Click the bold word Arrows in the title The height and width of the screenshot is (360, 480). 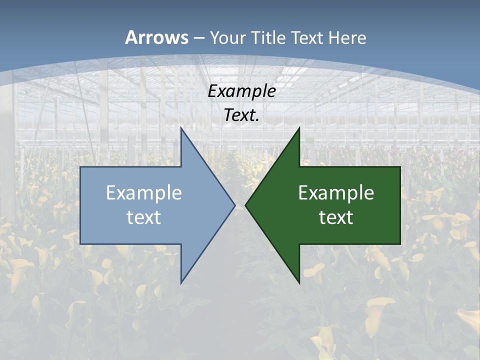pyautogui.click(x=156, y=37)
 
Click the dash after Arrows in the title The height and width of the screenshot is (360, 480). pyautogui.click(x=198, y=38)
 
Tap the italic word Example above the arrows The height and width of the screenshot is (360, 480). pyautogui.click(x=242, y=91)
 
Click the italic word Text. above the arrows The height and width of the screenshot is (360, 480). pyautogui.click(x=242, y=115)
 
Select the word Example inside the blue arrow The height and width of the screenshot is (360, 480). pyautogui.click(x=144, y=193)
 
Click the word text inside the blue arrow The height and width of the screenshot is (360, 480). pyautogui.click(x=144, y=217)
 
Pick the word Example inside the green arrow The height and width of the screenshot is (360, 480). pyautogui.click(x=336, y=193)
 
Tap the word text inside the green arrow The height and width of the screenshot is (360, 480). pyautogui.click(x=336, y=217)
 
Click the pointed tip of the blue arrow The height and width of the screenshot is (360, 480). pyautogui.click(x=234, y=205)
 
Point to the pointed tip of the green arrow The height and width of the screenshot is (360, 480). pyautogui.click(x=245, y=205)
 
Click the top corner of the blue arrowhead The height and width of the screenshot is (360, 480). pyautogui.click(x=181, y=128)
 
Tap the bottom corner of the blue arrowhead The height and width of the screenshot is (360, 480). pyautogui.click(x=181, y=283)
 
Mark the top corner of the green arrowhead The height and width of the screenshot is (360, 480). pyautogui.click(x=299, y=128)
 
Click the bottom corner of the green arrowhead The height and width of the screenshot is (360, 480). pyautogui.click(x=299, y=283)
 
